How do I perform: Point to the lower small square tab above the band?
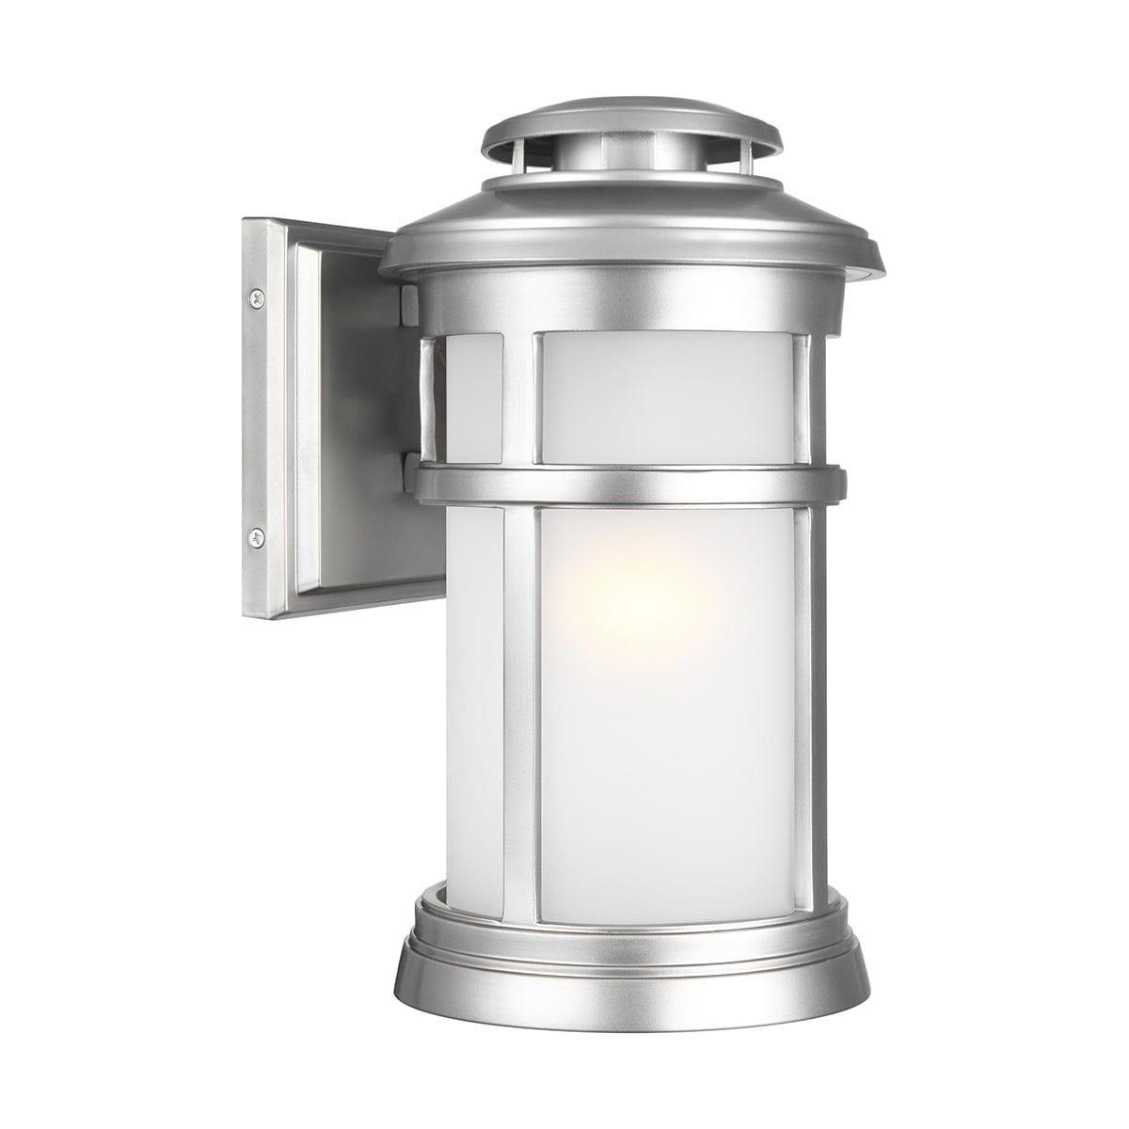(406, 463)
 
